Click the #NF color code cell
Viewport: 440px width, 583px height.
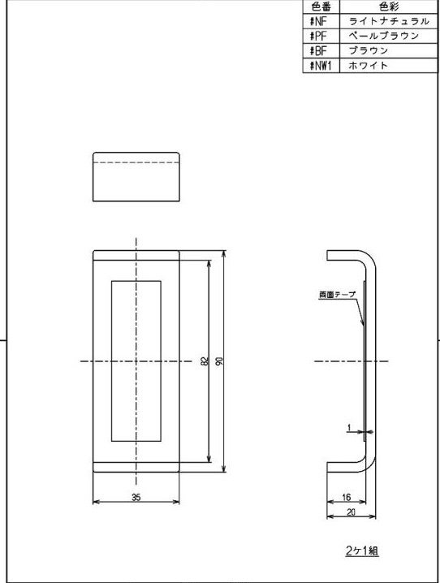(321, 21)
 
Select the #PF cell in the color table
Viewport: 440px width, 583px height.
(321, 36)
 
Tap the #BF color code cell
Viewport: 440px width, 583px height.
(321, 50)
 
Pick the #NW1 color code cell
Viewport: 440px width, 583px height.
(321, 65)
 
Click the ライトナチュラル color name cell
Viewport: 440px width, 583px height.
(389, 21)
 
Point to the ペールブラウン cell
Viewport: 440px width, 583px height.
(389, 36)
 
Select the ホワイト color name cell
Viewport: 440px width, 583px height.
(389, 65)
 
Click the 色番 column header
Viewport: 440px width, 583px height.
(321, 7)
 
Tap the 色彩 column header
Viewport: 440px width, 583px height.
(389, 7)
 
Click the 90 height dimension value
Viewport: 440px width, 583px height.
(220, 361)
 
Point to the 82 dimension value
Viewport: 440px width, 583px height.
(205, 361)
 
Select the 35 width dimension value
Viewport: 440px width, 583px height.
(136, 497)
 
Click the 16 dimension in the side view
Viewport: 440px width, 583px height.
(346, 497)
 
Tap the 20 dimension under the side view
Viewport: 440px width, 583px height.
(351, 512)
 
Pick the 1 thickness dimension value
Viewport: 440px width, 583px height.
(348, 428)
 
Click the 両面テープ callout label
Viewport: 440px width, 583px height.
(337, 295)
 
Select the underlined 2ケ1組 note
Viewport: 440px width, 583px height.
(362, 551)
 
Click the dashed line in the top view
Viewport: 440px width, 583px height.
(136, 162)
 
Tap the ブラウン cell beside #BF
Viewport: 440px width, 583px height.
(389, 50)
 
